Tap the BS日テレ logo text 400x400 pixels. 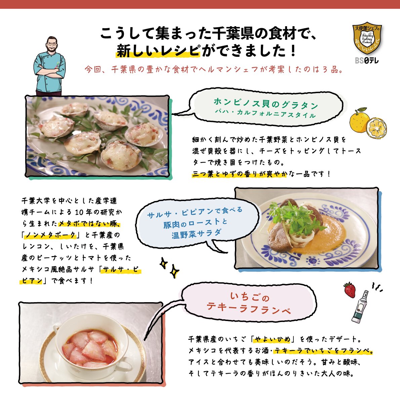point(366,61)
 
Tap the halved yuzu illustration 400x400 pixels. point(376,127)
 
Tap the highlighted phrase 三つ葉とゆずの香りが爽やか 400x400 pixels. point(239,174)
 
